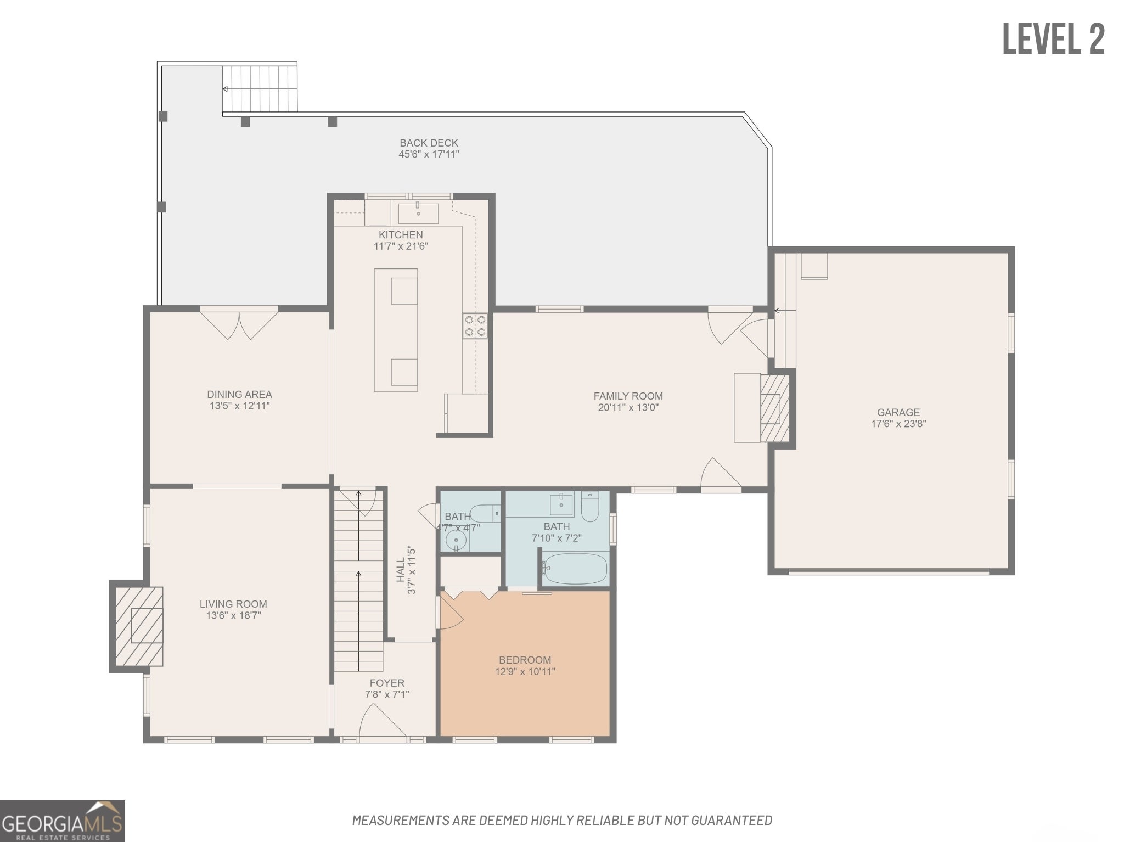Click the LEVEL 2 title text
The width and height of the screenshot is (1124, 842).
point(1053,39)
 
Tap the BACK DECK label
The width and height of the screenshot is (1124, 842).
point(429,143)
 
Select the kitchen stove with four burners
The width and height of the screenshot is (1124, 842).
point(475,325)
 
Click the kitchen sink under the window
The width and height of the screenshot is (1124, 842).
point(418,212)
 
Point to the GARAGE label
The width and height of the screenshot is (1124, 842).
point(898,412)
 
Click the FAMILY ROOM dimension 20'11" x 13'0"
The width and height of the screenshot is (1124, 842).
point(628,407)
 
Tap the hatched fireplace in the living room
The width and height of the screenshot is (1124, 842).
point(139,626)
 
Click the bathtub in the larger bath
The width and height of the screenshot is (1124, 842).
point(574,569)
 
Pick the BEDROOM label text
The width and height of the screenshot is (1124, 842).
point(525,660)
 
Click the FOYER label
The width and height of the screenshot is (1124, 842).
point(387,683)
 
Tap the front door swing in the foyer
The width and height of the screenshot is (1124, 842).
point(383,720)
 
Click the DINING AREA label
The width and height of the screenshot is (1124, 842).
point(239,394)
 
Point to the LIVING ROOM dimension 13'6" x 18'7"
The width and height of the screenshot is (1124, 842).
point(233,615)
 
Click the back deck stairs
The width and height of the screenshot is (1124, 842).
point(260,88)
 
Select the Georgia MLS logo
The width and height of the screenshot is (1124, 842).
point(63,821)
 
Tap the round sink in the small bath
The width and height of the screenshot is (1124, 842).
point(456,540)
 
